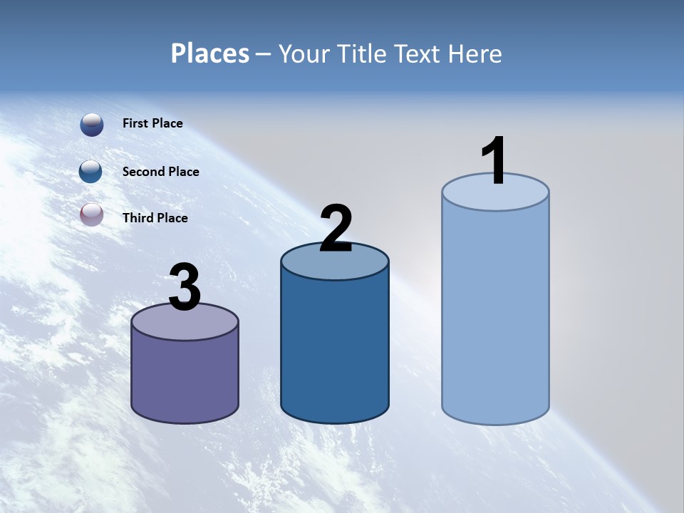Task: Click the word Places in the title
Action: pos(209,53)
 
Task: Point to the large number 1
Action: pos(494,161)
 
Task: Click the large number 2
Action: pos(336,229)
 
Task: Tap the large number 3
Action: pos(185,287)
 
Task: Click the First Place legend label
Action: pos(152,123)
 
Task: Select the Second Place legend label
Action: pos(160,172)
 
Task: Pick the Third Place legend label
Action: pos(155,218)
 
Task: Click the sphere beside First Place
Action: pos(91,125)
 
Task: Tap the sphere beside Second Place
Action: pos(91,172)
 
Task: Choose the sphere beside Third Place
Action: pos(91,214)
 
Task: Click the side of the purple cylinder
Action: pos(185,378)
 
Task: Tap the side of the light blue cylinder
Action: pos(495,313)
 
